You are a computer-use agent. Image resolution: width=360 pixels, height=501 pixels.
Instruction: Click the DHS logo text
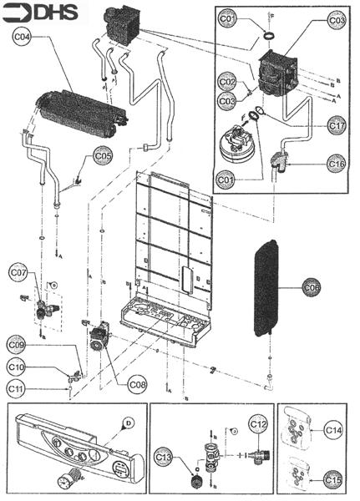48,12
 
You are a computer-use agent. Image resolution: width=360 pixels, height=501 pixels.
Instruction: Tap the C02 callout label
227,83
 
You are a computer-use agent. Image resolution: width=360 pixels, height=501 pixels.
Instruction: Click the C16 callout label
337,164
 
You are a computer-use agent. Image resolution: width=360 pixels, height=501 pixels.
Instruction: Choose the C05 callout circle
102,155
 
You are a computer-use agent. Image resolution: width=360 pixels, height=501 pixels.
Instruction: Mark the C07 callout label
18,271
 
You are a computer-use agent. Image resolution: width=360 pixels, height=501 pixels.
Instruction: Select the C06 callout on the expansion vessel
311,286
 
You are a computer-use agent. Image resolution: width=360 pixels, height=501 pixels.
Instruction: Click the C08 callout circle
139,384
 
